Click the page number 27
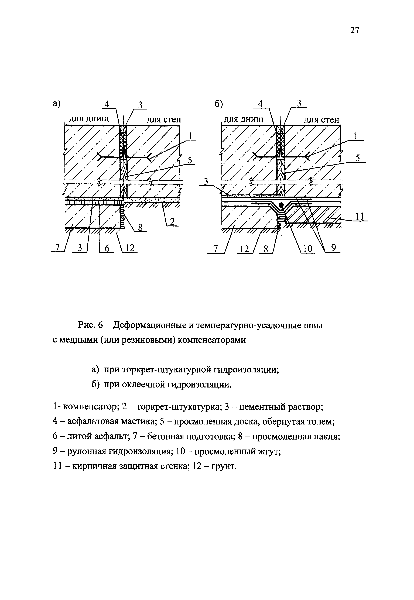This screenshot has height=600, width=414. pyautogui.click(x=355, y=31)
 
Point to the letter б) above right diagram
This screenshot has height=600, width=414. pyautogui.click(x=219, y=104)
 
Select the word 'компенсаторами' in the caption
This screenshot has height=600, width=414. pyautogui.click(x=210, y=340)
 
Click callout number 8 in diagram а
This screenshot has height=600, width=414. pyautogui.click(x=140, y=227)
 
